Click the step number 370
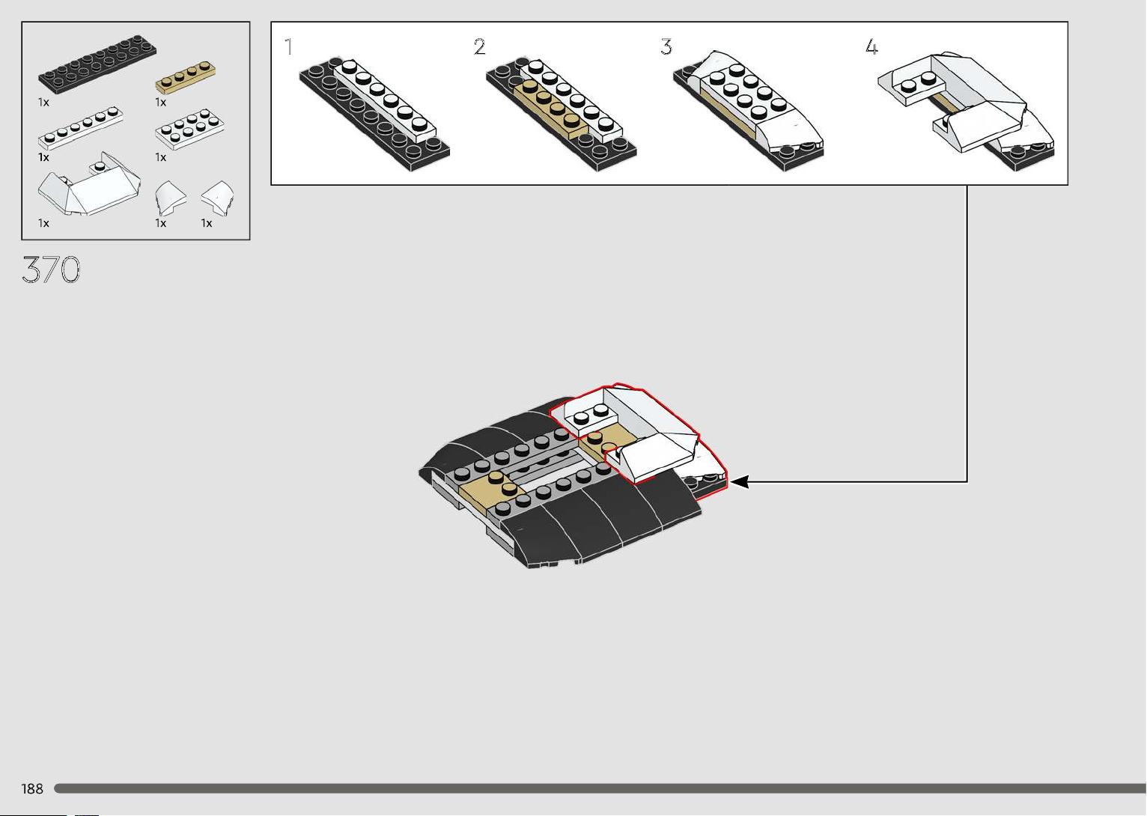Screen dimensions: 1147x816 (x=51, y=270)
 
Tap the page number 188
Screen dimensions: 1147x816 (x=32, y=789)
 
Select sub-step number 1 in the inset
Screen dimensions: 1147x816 (x=289, y=47)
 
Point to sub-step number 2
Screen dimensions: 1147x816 (x=479, y=47)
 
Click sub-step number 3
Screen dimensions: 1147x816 (x=666, y=47)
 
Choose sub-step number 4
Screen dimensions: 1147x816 (x=871, y=47)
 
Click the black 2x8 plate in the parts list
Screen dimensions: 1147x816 (x=97, y=64)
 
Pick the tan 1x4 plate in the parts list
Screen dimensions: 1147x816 (x=186, y=77)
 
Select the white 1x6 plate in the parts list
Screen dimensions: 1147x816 (x=80, y=128)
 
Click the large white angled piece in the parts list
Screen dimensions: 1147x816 (x=89, y=184)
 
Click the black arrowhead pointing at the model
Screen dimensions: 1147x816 (x=740, y=481)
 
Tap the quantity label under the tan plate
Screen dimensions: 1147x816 (x=161, y=103)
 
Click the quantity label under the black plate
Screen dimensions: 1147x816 (x=43, y=103)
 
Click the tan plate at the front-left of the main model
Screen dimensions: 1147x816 (x=493, y=493)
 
